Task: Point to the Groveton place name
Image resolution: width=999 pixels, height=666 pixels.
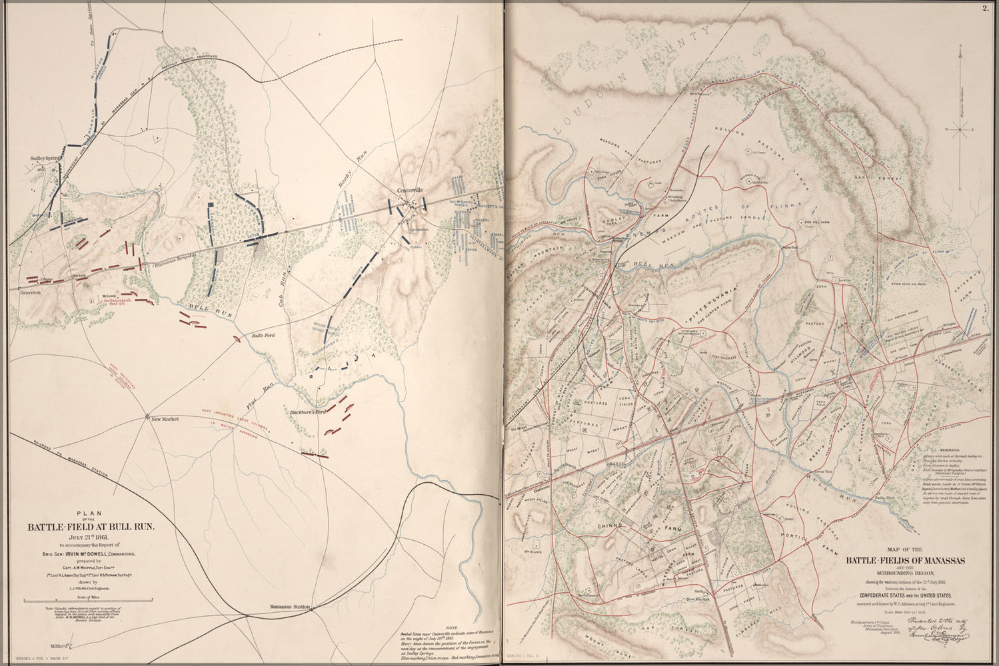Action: coord(31,292)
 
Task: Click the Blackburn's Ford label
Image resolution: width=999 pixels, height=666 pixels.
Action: coord(306,412)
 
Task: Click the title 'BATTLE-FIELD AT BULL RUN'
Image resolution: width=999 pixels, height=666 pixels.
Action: coord(91,527)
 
